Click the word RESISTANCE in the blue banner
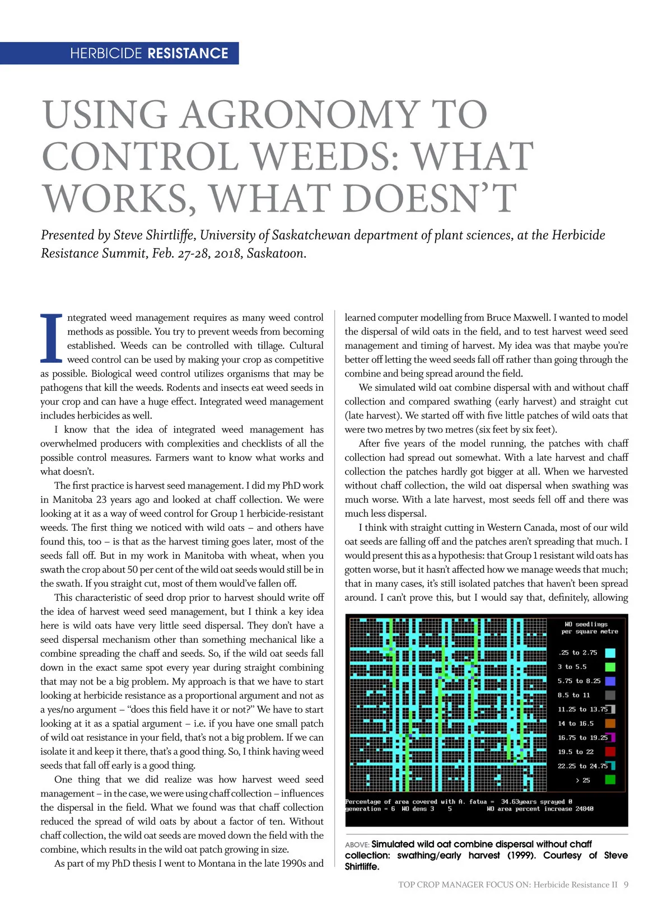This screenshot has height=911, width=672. tap(188, 54)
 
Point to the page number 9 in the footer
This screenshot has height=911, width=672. tap(626, 885)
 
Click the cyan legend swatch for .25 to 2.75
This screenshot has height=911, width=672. tap(610, 653)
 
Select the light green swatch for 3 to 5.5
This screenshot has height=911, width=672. tap(610, 667)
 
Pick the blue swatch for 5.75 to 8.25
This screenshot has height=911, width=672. tap(610, 681)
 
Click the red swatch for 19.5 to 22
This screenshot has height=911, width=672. tap(610, 752)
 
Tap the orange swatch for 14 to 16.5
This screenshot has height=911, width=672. tap(610, 723)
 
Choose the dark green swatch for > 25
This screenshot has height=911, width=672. tap(610, 779)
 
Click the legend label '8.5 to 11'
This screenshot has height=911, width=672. tap(573, 695)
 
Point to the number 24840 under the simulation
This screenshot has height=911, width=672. tap(584, 809)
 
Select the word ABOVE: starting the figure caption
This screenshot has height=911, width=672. tap(357, 845)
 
